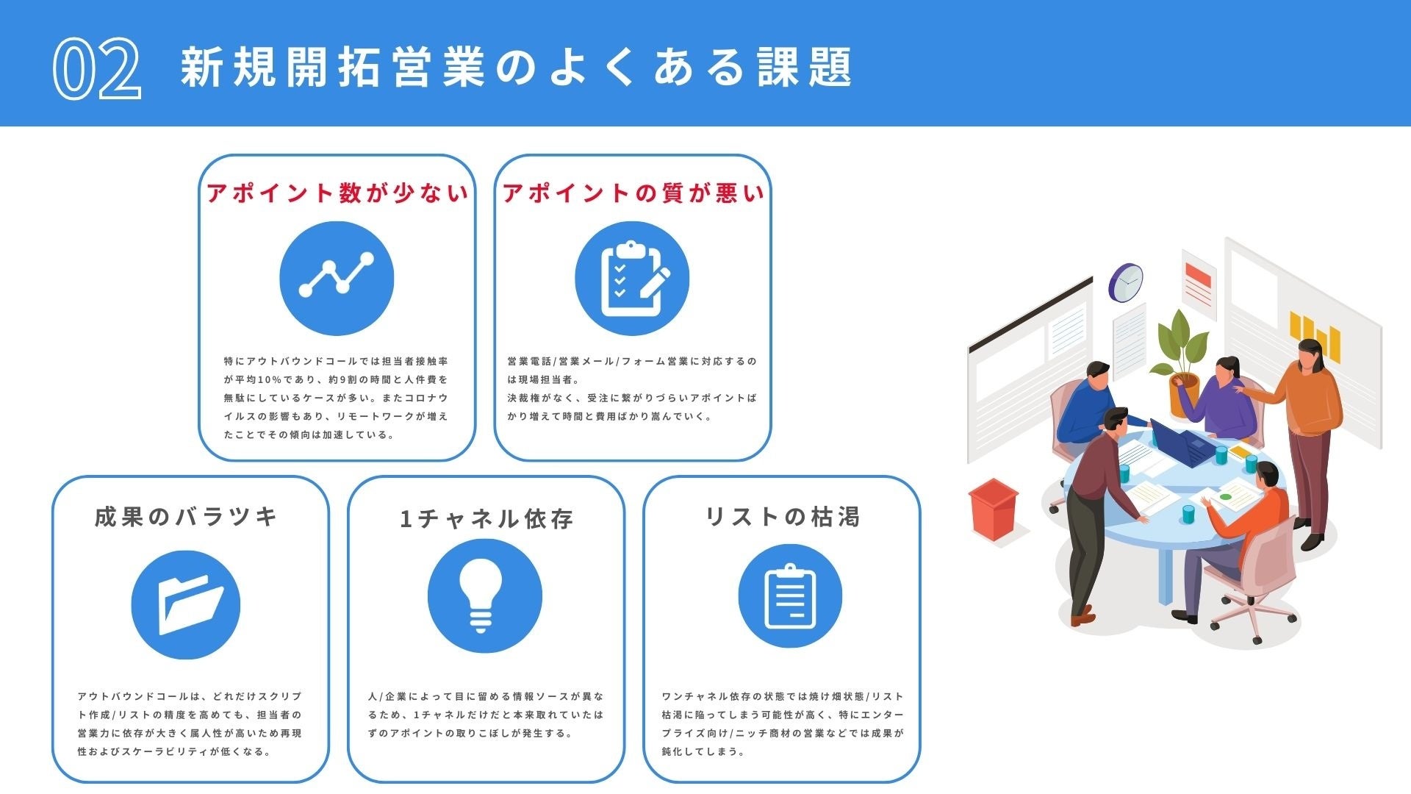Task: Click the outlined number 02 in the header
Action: tap(96, 68)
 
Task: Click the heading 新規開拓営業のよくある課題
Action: tap(516, 67)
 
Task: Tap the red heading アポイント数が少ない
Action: tap(337, 193)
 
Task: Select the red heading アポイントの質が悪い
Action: tap(633, 193)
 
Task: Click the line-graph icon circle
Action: tap(337, 279)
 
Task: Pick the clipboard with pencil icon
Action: tap(632, 279)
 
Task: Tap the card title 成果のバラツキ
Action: tap(187, 517)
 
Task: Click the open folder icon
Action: tap(186, 604)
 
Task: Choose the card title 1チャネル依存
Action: tap(487, 519)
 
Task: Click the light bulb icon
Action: tap(485, 596)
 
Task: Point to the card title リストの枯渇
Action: tap(782, 517)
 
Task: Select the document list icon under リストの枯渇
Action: tap(790, 596)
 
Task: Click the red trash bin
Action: tap(994, 509)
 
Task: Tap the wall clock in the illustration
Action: tap(1126, 282)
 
